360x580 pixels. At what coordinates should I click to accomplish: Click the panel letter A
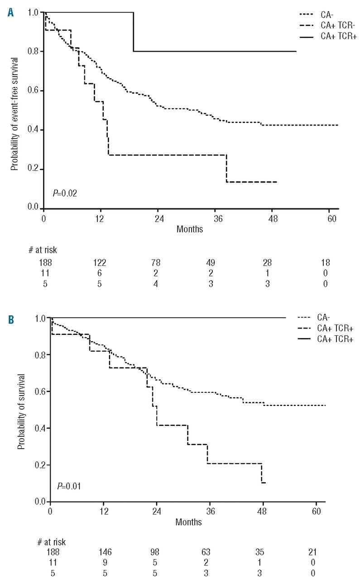[x=10, y=13]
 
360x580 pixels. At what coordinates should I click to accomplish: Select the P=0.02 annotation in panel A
[x=65, y=193]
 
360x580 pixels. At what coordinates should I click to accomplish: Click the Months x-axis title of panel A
[x=190, y=229]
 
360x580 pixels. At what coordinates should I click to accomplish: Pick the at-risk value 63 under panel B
[x=212, y=553]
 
